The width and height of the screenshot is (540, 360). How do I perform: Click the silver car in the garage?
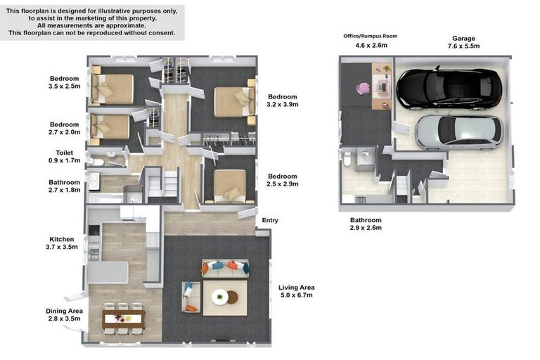pyautogui.click(x=459, y=133)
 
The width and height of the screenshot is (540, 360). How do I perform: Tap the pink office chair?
pyautogui.click(x=363, y=89)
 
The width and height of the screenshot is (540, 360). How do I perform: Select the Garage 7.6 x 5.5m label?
pyautogui.click(x=463, y=42)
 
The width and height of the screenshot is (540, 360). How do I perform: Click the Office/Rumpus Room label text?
pyautogui.click(x=371, y=36)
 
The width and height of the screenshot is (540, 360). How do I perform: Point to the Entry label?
pyautogui.click(x=270, y=220)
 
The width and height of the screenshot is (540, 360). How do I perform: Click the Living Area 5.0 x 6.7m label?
pyautogui.click(x=297, y=291)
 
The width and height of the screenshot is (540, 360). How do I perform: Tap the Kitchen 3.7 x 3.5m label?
pyautogui.click(x=62, y=243)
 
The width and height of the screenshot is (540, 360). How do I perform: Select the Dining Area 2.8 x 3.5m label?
pyautogui.click(x=64, y=314)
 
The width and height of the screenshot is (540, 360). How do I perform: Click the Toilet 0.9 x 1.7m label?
pyautogui.click(x=65, y=156)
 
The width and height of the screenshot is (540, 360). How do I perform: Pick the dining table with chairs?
pyautogui.click(x=123, y=319)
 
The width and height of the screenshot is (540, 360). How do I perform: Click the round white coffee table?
pyautogui.click(x=219, y=297)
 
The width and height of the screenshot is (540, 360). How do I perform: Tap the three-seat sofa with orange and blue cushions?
pyautogui.click(x=225, y=269)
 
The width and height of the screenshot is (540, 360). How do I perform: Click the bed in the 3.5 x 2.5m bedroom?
pyautogui.click(x=112, y=89)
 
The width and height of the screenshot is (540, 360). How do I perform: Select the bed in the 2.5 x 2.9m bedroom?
pyautogui.click(x=230, y=186)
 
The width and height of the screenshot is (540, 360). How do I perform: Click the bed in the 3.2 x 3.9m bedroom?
pyautogui.click(x=235, y=102)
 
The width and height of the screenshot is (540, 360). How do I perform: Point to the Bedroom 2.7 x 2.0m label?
pyautogui.click(x=65, y=128)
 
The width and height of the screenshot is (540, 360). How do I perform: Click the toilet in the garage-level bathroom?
pyautogui.click(x=347, y=159)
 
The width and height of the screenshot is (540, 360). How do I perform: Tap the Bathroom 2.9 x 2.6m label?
pyautogui.click(x=366, y=224)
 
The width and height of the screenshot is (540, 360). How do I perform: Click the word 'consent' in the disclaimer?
pyautogui.click(x=162, y=33)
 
